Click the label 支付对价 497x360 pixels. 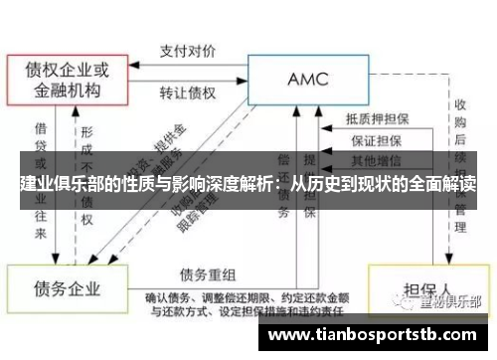point(189,47)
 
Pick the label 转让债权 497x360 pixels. point(189,93)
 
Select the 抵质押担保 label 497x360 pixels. point(379,117)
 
